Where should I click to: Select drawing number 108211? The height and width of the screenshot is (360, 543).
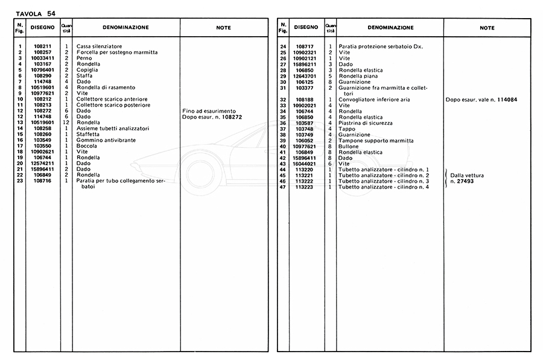click(42, 46)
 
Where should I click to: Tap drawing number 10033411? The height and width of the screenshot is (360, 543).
click(42, 58)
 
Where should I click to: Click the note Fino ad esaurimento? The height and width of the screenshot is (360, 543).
click(209, 111)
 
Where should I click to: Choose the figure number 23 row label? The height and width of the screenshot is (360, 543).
click(21, 181)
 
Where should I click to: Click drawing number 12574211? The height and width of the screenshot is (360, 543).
click(42, 163)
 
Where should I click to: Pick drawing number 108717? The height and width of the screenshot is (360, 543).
click(305, 46)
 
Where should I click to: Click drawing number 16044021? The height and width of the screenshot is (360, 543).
click(305, 163)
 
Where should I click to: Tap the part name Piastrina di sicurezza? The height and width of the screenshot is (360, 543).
click(366, 122)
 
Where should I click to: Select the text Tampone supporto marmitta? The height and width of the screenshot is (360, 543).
click(373, 140)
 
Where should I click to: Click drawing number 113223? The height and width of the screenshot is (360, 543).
click(305, 187)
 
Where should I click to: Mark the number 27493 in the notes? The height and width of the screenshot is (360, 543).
click(466, 181)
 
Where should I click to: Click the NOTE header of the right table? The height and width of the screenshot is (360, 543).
click(487, 28)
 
